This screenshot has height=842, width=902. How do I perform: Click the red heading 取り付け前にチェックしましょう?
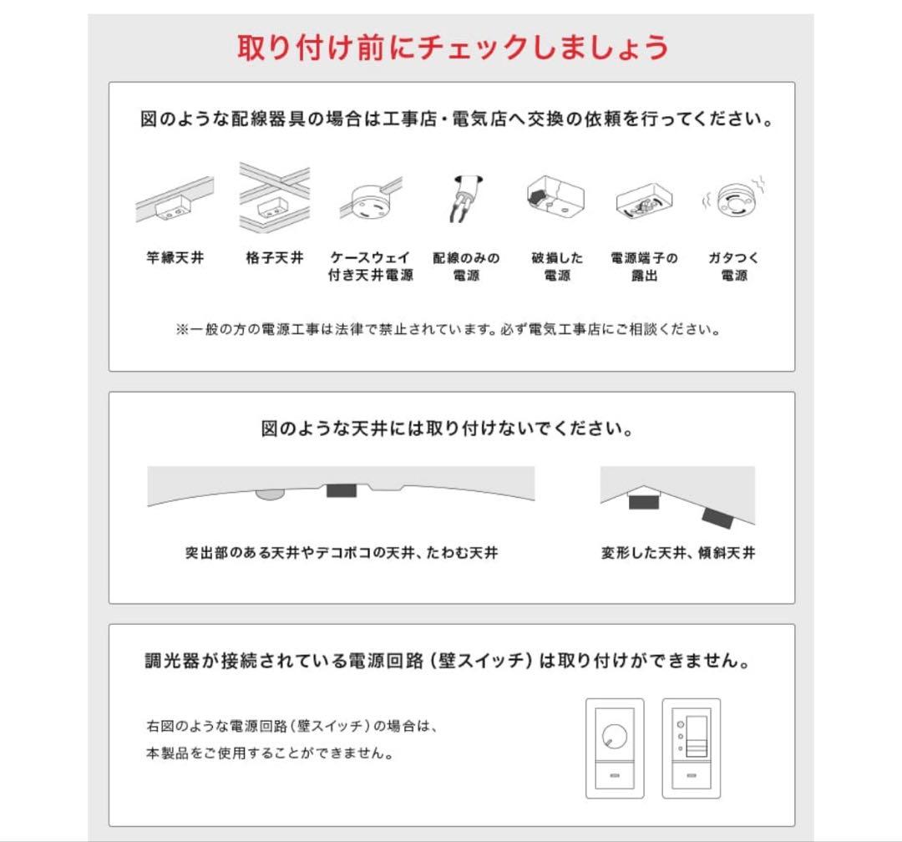[453, 47]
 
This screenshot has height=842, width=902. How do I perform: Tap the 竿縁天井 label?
[175, 258]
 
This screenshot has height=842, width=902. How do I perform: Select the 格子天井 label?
[274, 258]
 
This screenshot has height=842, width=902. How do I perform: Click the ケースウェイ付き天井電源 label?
[370, 266]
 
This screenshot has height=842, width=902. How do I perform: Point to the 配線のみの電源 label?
[466, 266]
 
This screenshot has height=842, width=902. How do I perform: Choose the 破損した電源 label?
[557, 266]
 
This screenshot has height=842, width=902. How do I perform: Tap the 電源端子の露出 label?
[644, 266]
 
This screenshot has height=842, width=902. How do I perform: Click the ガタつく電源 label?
[733, 266]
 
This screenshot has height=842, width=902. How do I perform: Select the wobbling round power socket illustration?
[733, 200]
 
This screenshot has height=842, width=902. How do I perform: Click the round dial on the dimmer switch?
[614, 735]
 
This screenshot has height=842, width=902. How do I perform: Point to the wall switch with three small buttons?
[691, 748]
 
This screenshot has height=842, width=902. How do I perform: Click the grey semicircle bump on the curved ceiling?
[269, 495]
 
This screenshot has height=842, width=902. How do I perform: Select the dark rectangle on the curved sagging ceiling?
[341, 489]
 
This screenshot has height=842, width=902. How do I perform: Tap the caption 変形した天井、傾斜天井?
[678, 553]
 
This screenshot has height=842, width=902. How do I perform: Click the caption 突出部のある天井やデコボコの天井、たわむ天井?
[342, 553]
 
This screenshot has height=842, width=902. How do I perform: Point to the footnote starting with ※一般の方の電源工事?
[448, 329]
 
